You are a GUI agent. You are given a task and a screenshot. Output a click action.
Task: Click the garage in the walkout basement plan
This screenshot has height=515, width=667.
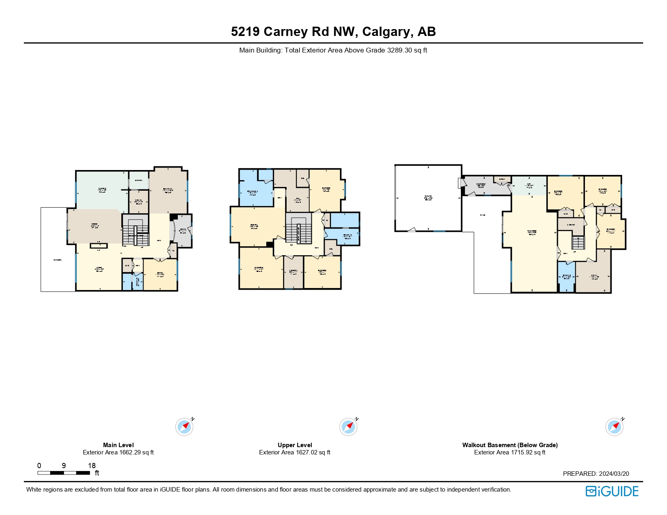tap(428, 198)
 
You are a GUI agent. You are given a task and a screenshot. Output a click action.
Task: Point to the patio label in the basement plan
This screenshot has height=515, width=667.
tap(483, 215)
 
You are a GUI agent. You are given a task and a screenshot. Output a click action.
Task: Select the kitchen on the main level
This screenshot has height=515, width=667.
tap(102, 190)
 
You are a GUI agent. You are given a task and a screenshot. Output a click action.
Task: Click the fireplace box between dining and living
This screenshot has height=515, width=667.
tap(99, 245)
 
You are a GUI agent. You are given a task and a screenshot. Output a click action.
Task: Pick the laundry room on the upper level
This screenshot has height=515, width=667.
tap(293, 272)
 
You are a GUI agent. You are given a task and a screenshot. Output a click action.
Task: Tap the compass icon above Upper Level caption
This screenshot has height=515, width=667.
tap(348, 427)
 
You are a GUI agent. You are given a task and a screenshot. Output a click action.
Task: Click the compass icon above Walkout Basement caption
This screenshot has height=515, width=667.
tap(614, 427)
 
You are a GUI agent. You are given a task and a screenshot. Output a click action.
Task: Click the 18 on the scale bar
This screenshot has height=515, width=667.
tap(92, 465)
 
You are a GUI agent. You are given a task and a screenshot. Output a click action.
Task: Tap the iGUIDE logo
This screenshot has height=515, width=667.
tap(612, 491)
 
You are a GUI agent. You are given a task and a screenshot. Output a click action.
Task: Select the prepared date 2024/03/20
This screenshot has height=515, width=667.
tap(614, 474)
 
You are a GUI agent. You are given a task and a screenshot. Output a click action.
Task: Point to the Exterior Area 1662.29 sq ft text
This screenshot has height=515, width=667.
tap(118, 452)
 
